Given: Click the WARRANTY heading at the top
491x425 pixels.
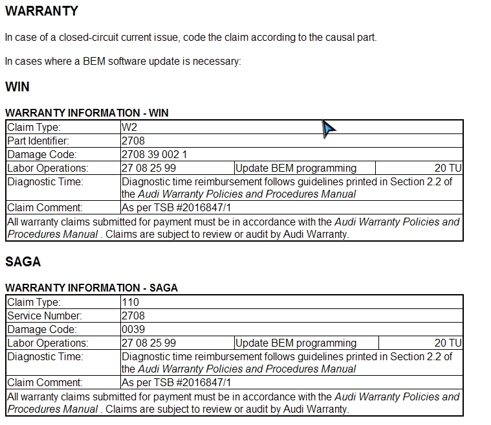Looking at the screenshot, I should click(41, 11).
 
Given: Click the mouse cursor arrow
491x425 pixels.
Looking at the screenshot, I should click(329, 129).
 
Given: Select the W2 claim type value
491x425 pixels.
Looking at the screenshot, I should click(129, 128).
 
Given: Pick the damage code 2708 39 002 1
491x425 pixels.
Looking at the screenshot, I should click(154, 155).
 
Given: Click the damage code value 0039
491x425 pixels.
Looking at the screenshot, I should click(133, 330).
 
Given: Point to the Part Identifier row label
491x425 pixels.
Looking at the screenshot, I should click(38, 141).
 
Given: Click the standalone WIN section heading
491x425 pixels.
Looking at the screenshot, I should click(17, 87).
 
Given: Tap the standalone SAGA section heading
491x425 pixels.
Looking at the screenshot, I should click(23, 262).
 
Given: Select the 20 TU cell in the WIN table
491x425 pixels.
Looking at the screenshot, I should click(448, 168).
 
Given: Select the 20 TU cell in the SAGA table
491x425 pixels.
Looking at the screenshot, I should click(448, 343).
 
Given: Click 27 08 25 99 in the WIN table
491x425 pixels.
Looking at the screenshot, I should click(149, 168).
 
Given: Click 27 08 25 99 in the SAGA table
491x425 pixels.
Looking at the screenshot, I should click(149, 343).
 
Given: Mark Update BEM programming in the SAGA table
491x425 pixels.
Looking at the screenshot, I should click(296, 343).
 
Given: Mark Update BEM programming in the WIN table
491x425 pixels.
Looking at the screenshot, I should click(296, 168).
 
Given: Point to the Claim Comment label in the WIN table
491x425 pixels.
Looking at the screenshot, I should click(45, 208).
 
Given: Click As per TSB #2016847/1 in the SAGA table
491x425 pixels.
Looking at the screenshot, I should click(176, 383).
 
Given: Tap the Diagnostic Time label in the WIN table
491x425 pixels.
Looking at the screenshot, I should click(45, 182).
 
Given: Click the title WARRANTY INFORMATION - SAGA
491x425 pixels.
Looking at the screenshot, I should click(91, 288).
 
